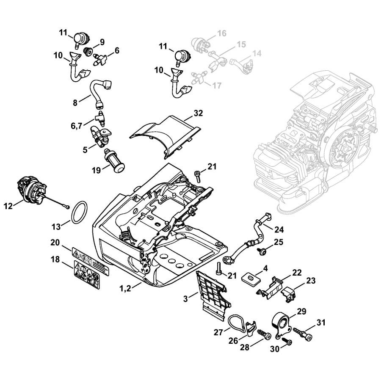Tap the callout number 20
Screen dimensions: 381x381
[55, 243]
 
